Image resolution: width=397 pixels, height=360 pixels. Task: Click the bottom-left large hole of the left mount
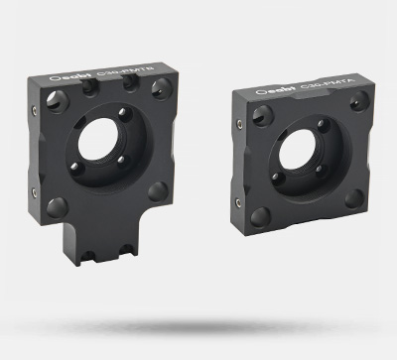pyautogui.click(x=59, y=206)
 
